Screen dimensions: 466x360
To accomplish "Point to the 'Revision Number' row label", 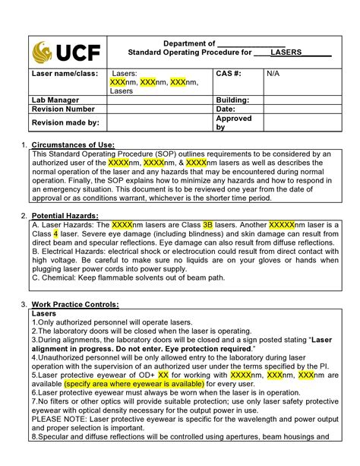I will tap(62, 109).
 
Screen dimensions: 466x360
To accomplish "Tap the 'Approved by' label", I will tap(234, 123).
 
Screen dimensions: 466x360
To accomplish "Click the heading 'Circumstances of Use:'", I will tap(73, 144).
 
